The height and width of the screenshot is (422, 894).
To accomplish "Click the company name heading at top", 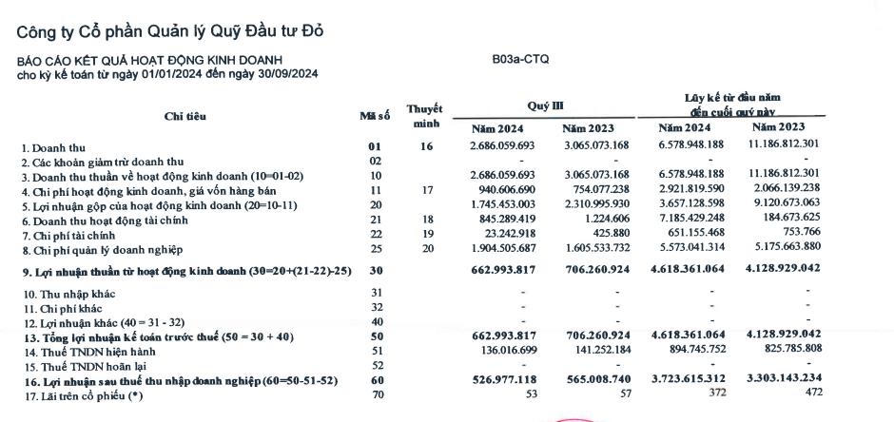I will (170, 30).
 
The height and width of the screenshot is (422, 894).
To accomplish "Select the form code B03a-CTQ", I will (520, 59).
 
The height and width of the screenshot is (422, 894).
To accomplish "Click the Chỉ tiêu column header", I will (185, 116).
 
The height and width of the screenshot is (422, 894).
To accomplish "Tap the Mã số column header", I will (374, 116).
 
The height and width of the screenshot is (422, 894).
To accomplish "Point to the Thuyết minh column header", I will (424, 116).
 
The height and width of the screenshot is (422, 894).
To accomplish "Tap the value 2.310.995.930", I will (594, 204).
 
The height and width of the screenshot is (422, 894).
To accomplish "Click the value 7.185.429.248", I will (690, 220).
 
